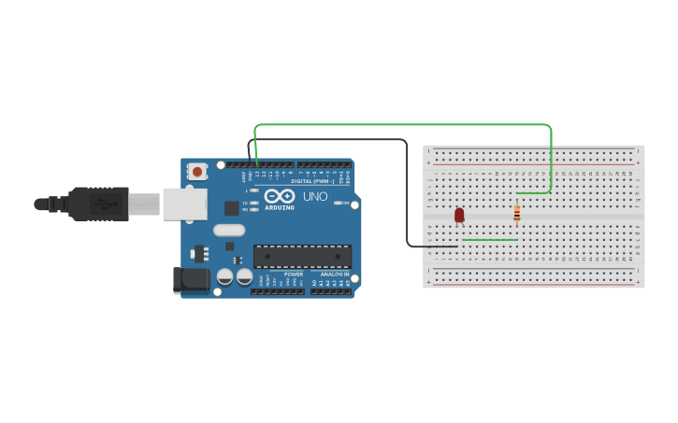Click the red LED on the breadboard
coord(459,215)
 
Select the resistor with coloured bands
coord(516,214)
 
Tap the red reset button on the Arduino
coord(197,171)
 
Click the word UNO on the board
coord(315,196)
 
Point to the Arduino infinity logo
coord(279,196)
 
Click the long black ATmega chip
coord(302,256)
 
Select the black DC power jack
coord(193,278)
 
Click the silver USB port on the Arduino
coord(185,204)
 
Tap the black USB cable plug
coord(98,204)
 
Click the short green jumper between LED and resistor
coord(490,240)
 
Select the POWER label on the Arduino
coord(294,274)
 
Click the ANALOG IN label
coord(334,274)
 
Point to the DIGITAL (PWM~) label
coord(314,181)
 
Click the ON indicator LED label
coord(345,203)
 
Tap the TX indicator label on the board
coord(245,202)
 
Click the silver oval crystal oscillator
coord(229,230)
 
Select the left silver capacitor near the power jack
coord(225,276)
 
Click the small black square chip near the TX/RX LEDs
coord(232,208)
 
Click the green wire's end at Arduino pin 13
coord(256,162)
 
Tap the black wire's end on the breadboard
coord(456,247)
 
